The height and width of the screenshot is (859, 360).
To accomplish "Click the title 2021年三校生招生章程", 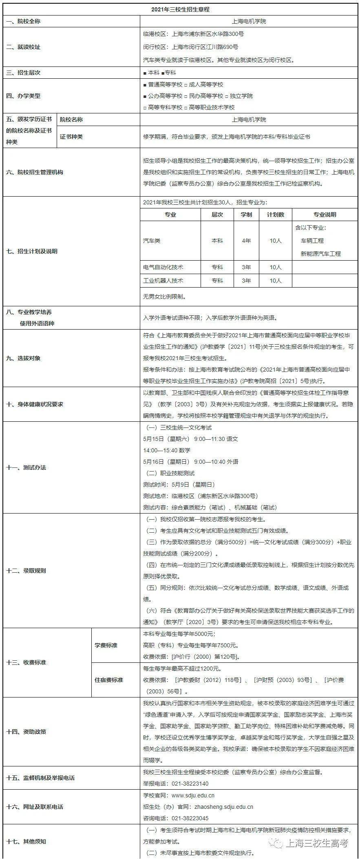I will pos(180,9).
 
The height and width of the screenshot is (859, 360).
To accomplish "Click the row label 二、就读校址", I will pos(24,47).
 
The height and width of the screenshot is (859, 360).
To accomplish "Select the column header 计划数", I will pos(276,215).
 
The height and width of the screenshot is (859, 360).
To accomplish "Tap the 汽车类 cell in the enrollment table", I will pos(152,241).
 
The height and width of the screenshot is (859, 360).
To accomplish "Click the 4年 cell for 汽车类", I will pos(246,241).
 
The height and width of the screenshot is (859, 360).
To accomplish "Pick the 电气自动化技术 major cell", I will pos(163,267).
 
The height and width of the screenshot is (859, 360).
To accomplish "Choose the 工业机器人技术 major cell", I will pos(163,281).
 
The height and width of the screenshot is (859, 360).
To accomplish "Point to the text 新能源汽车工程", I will pos(320,254).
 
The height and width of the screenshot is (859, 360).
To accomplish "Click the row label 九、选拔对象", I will pos(24,358).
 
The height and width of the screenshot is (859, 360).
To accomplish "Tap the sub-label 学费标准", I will pos(106,645).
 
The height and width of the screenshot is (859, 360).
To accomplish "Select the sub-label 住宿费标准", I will pos(109,680).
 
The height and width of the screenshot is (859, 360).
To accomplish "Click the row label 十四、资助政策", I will pos(26,732).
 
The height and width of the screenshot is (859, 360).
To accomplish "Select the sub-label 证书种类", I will pos(71,137).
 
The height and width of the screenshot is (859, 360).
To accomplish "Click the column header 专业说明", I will pos(325,215).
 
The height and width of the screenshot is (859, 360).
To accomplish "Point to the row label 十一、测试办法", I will pos(26,467).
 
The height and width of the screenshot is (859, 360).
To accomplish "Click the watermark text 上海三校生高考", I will pos(318,843).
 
